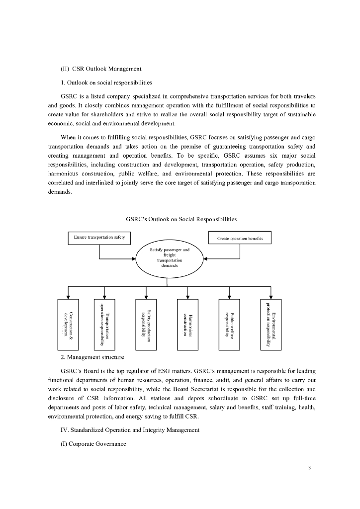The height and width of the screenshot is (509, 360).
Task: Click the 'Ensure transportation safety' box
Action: click(99, 238)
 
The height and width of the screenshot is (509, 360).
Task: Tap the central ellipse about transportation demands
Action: click(170, 259)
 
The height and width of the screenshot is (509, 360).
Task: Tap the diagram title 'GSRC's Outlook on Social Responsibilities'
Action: click(181, 219)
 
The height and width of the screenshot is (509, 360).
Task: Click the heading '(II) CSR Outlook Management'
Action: click(101, 68)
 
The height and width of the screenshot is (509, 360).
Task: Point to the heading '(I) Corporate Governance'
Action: click(90, 443)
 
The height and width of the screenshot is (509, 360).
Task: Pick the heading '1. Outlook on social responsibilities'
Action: click(106, 82)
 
